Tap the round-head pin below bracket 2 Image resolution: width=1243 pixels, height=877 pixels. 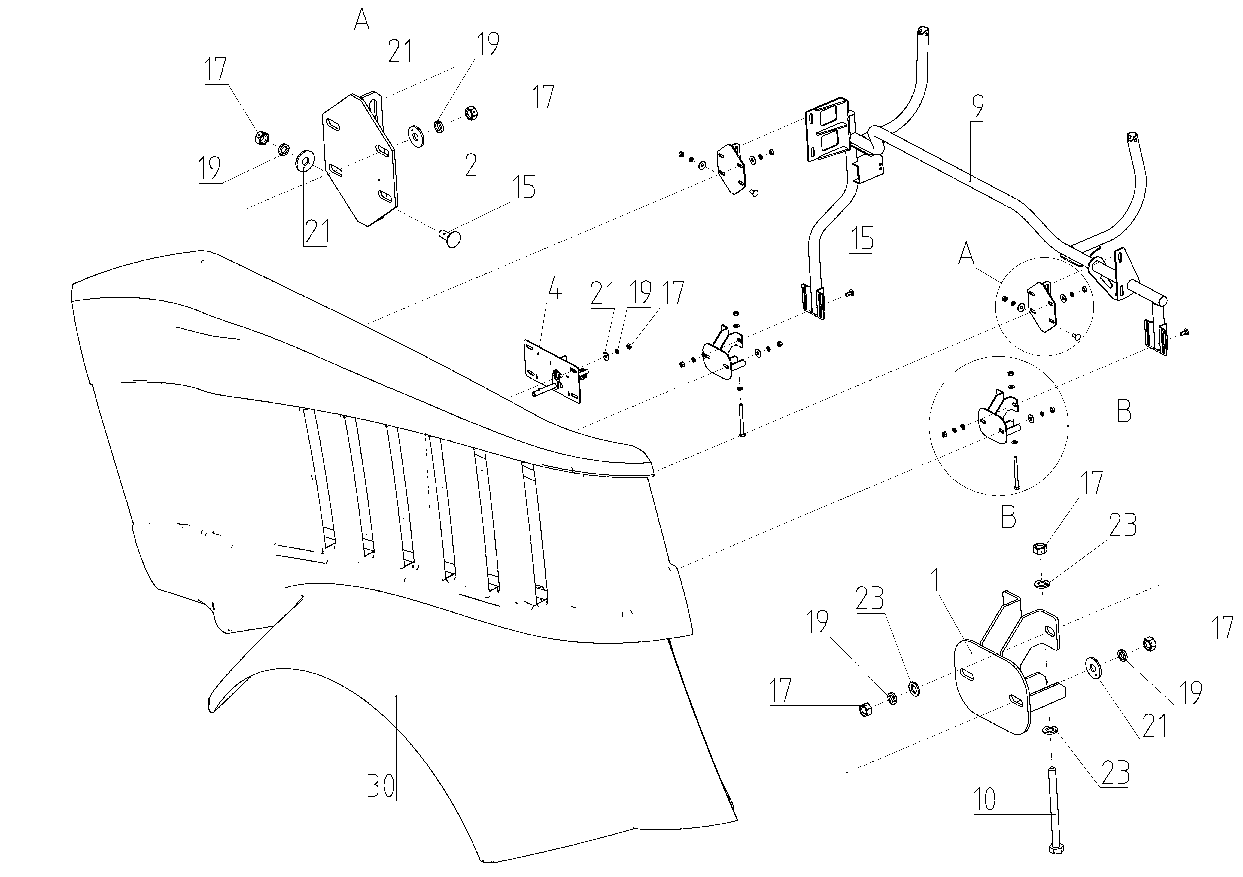pos(451,238)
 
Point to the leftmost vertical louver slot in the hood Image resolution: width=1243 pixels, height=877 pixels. pos(319,476)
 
